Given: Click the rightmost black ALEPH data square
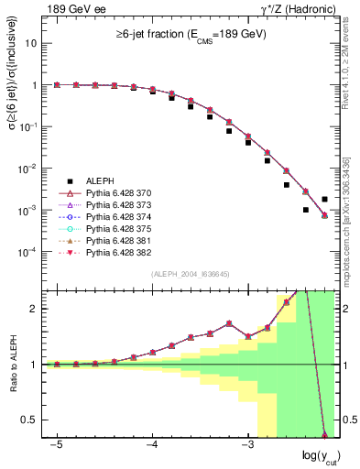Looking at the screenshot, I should point(324,199).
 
